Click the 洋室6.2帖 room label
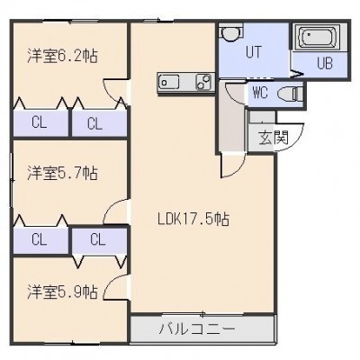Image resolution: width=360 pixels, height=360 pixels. (62, 56)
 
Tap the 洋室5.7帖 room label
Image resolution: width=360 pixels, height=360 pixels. (62, 173)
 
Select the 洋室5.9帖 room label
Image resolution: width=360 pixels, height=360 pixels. (62, 292)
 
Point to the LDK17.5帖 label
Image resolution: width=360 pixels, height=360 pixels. (193, 219)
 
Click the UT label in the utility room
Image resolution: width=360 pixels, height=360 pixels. (254, 51)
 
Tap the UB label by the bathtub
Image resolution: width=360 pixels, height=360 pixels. (325, 63)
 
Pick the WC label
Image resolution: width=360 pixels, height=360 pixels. (260, 93)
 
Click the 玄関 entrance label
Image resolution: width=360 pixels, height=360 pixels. (274, 138)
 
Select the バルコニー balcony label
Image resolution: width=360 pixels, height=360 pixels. (197, 329)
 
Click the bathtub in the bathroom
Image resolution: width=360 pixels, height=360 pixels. (318, 37)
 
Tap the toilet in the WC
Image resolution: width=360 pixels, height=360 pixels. (290, 94)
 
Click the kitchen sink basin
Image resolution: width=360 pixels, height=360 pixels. (169, 82)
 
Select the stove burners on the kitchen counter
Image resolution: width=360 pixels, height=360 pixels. (204, 82)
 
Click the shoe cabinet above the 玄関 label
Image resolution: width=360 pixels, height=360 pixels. (262, 116)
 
